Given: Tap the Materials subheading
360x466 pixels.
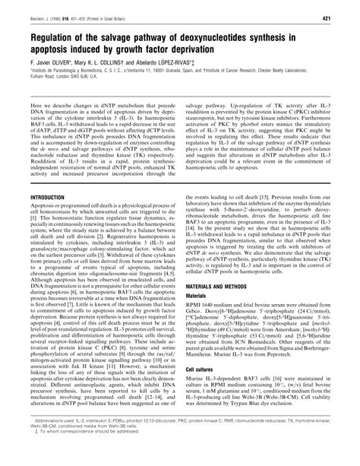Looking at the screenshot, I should point(199,313).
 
